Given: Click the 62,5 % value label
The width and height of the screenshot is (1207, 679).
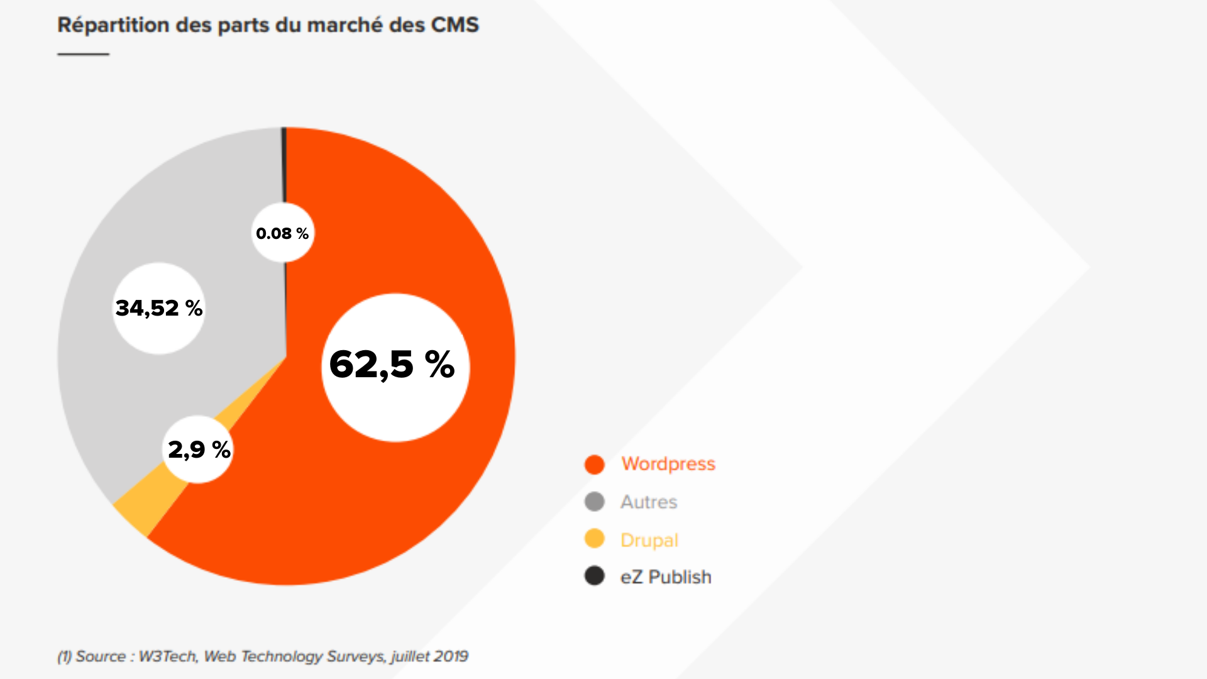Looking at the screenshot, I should point(392,365).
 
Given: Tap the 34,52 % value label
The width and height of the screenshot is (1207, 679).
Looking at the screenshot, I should point(159,308).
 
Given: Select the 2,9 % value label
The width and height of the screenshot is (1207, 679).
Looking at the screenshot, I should point(199,450).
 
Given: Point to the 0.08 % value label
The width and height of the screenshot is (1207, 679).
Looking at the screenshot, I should point(282,233).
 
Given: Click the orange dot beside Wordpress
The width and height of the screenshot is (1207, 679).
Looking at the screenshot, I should point(594,465).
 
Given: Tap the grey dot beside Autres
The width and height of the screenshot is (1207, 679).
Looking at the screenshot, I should point(594,502).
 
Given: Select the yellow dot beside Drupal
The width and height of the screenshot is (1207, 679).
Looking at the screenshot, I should point(594,539).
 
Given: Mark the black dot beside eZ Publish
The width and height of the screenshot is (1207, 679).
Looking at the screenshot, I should point(594,576).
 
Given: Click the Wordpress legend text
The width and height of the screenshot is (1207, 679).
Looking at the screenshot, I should point(668,464).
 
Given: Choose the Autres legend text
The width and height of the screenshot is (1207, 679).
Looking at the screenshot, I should point(649,502).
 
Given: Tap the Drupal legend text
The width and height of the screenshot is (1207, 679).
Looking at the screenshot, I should point(649,540).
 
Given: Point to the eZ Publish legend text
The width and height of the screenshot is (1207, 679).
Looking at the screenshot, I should point(666,577).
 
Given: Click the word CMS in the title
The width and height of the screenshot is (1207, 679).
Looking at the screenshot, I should point(455,25).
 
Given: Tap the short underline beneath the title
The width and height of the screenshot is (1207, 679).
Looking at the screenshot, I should point(83,54).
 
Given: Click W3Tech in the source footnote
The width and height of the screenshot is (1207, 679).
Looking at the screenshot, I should point(168,656).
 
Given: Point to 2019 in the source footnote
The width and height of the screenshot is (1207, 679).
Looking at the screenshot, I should point(450,656).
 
